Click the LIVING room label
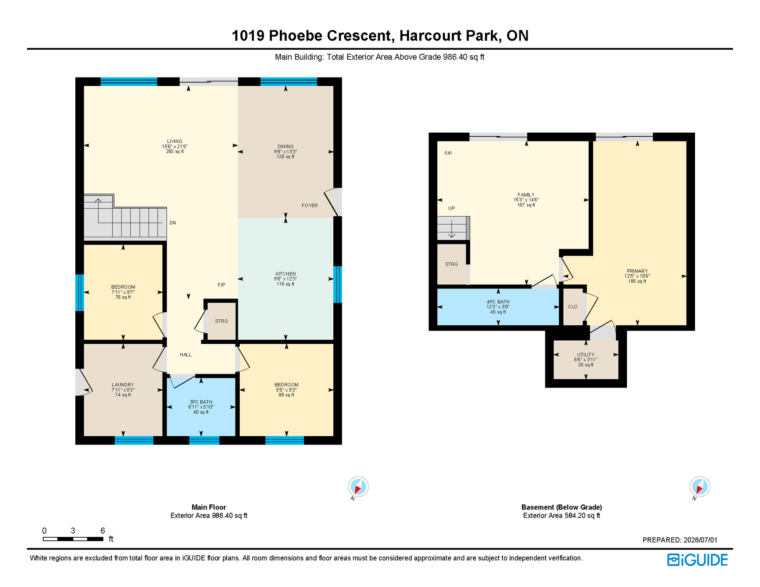pos(175,141)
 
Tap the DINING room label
pos(286,146)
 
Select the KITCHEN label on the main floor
pos(286,274)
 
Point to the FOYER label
pos(310,206)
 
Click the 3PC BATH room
pos(201,407)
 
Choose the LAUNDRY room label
pos(123,385)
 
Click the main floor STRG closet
pos(221,321)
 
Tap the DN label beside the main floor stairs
pos(173,223)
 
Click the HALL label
pos(186,355)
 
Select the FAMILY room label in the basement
pos(526,195)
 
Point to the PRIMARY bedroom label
pos(637,271)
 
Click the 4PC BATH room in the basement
pos(498,307)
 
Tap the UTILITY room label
pos(586,355)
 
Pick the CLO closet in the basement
pos(573,307)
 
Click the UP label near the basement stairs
pos(451,208)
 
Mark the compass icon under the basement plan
pos(700,487)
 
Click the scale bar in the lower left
pos(73,539)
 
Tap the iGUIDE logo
pos(698,560)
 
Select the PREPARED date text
pos(680,540)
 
